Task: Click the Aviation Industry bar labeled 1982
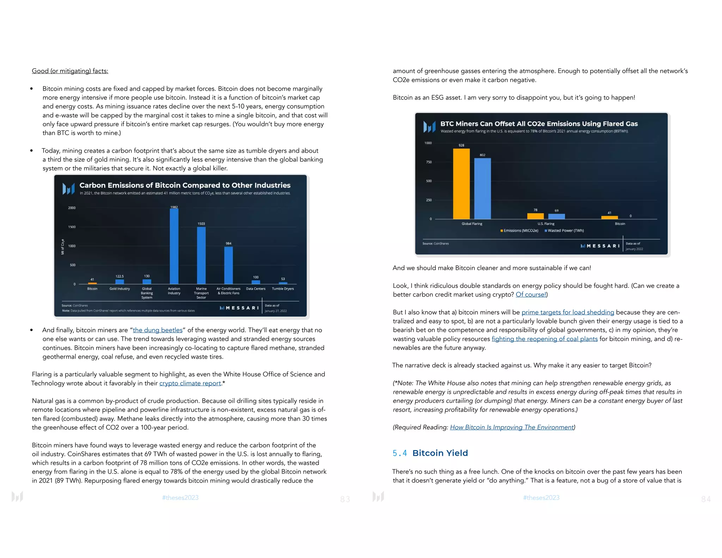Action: pyautogui.click(x=174, y=246)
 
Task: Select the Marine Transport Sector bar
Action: pyautogui.click(x=201, y=255)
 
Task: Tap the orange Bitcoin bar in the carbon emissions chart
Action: pyautogui.click(x=92, y=283)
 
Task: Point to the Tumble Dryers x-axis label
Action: pyautogui.click(x=283, y=289)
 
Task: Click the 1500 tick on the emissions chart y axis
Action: pyautogui.click(x=72, y=227)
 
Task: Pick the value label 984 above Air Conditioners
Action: pyautogui.click(x=228, y=243)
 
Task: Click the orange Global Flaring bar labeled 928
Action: pyautogui.click(x=461, y=183)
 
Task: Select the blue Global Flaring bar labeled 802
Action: pyautogui.click(x=482, y=188)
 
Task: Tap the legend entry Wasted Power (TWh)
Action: pyautogui.click(x=564, y=231)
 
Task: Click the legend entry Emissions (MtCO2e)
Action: pyautogui.click(x=519, y=231)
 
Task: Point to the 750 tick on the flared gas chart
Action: pyautogui.click(x=429, y=162)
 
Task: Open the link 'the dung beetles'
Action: pyautogui.click(x=158, y=330)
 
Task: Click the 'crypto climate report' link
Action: pyautogui.click(x=190, y=383)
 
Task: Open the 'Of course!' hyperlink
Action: pyautogui.click(x=531, y=295)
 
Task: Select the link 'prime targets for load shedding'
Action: pyautogui.click(x=568, y=312)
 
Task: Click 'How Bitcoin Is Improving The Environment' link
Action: pyautogui.click(x=512, y=427)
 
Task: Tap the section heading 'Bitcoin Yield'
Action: pyautogui.click(x=440, y=453)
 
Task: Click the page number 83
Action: pyautogui.click(x=345, y=499)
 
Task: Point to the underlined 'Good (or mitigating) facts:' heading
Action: pyautogui.click(x=70, y=71)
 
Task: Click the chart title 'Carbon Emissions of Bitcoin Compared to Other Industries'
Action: pyautogui.click(x=185, y=185)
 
